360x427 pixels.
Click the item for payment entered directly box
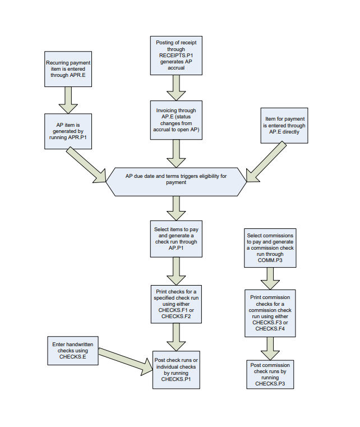(284, 126)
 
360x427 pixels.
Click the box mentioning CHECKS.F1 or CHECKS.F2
(176, 304)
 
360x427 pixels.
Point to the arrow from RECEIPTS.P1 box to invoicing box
(176, 87)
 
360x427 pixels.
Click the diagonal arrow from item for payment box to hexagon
(266, 163)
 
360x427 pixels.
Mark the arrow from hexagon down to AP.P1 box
(176, 207)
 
